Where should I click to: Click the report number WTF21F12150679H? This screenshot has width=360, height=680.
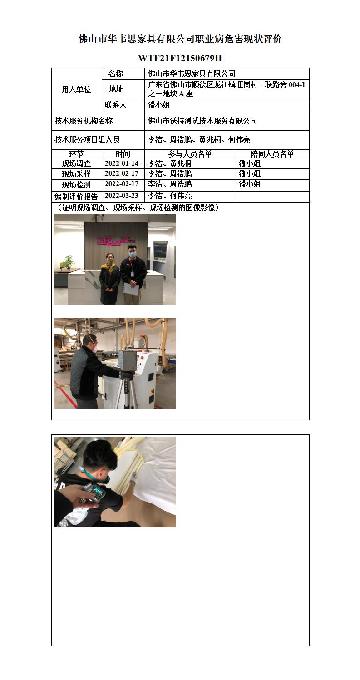180,58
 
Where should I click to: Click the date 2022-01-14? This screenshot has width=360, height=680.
121,163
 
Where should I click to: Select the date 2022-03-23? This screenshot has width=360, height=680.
121,196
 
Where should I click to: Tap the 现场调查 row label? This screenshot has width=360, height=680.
76,163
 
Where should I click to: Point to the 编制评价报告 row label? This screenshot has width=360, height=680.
76,197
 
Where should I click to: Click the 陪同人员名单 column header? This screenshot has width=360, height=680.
272,154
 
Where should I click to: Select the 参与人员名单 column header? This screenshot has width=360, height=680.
190,154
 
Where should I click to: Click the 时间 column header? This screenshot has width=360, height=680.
123,154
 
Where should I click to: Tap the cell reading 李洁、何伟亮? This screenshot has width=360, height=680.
170,196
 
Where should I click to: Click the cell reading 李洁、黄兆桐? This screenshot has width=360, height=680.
170,163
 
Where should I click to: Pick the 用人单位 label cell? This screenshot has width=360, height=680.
76,89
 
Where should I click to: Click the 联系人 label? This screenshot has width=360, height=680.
116,105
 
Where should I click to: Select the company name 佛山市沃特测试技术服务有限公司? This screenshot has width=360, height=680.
202,121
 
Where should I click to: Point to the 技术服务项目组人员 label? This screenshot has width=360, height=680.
87,139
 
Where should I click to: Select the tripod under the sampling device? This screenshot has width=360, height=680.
127,390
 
